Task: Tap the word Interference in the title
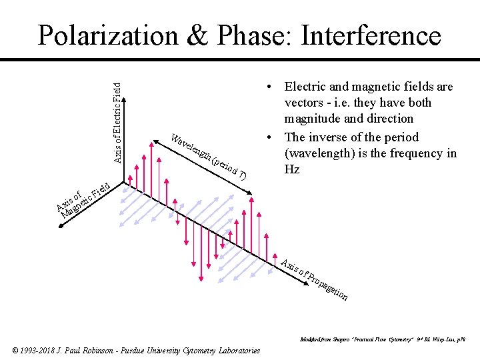(x=371, y=35)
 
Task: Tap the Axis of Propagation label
(x=313, y=279)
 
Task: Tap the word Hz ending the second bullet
(x=292, y=169)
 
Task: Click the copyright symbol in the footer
(x=16, y=351)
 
